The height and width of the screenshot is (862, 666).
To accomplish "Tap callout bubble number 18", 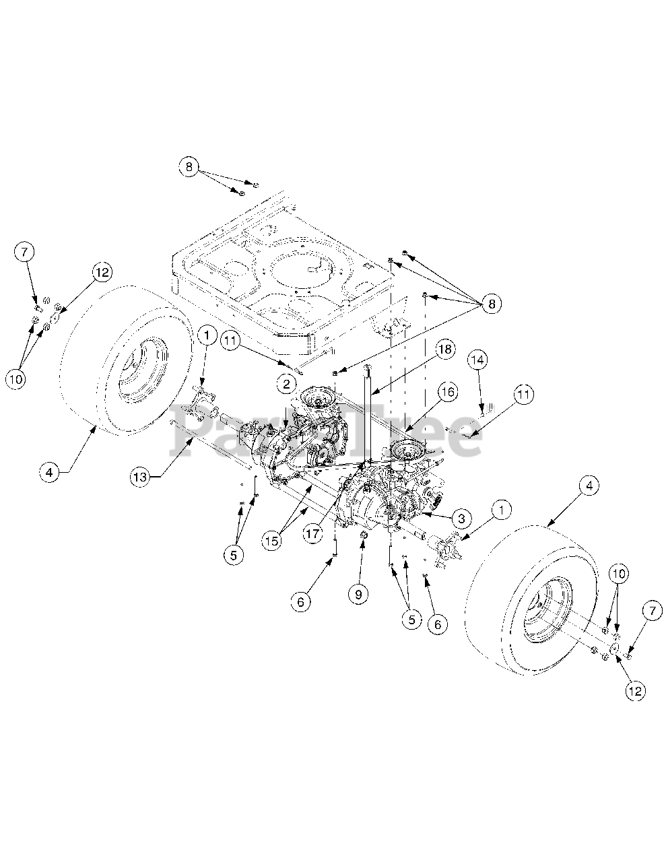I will pyautogui.click(x=445, y=350).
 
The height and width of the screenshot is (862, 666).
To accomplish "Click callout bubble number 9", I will pyautogui.click(x=358, y=593).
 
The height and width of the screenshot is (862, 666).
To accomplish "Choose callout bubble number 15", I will pyautogui.click(x=272, y=541).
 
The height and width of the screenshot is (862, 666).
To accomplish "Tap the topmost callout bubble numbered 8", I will pyautogui.click(x=189, y=166).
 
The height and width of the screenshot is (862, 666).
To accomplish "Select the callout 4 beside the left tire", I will pyautogui.click(x=48, y=472).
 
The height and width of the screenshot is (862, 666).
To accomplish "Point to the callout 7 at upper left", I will pyautogui.click(x=24, y=253).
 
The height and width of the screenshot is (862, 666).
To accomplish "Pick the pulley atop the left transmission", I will pyautogui.click(x=314, y=397).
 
